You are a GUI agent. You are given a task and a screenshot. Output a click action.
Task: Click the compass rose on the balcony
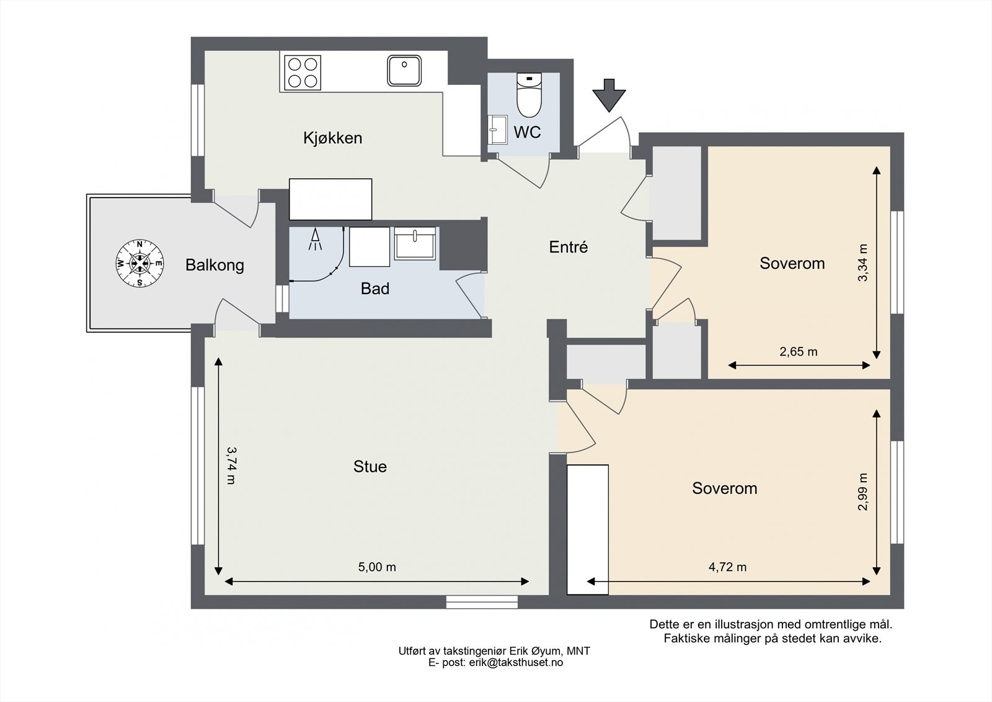click(139, 263)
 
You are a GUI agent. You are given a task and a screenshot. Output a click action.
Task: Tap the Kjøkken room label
click(332, 138)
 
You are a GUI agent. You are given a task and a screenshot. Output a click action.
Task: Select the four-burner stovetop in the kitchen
click(303, 73)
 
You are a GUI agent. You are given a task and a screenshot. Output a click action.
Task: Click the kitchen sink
click(404, 70)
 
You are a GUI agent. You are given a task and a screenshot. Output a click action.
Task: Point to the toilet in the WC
click(529, 95)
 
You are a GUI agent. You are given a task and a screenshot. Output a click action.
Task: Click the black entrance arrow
click(609, 96)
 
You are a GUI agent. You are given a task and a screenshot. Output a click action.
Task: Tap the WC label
click(527, 132)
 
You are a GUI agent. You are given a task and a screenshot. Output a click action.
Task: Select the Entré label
click(568, 247)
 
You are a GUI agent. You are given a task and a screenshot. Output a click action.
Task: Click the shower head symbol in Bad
click(315, 239)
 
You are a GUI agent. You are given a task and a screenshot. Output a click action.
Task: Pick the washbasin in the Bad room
click(415, 243)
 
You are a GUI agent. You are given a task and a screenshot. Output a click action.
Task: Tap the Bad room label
click(375, 289)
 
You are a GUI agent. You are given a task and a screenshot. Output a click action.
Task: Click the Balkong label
click(215, 265)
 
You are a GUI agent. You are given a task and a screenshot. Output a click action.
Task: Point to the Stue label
click(370, 467)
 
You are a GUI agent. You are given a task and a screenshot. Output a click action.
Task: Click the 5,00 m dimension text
click(377, 567)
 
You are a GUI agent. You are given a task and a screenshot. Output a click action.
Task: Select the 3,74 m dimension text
click(231, 465)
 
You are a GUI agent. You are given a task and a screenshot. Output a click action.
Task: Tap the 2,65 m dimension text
click(799, 352)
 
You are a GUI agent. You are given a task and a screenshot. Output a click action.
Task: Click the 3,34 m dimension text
click(862, 263)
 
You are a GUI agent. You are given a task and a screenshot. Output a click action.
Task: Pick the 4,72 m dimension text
click(728, 567)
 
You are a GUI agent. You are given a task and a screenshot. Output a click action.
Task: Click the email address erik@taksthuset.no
click(516, 662)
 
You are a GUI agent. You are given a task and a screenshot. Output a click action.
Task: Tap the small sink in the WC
click(498, 130)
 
